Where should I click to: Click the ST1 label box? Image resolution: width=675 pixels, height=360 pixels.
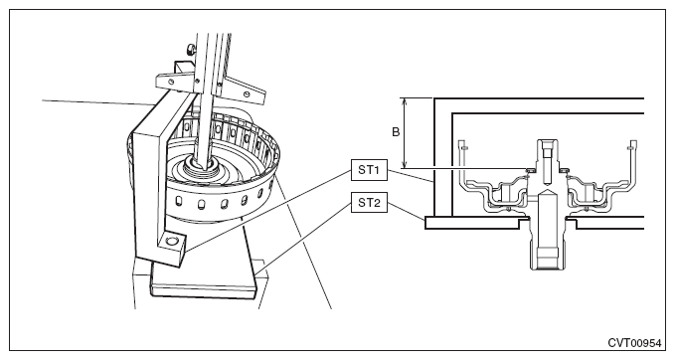click(369, 170)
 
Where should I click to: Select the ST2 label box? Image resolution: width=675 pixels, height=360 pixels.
click(369, 202)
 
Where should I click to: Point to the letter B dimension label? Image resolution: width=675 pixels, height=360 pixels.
click(396, 132)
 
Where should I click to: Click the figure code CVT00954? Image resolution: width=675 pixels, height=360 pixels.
click(634, 343)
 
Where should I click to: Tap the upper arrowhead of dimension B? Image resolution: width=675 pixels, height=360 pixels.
click(404, 101)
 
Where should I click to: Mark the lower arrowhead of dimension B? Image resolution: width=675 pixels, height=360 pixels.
click(404, 164)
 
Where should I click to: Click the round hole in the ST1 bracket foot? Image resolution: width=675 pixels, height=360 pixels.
click(172, 241)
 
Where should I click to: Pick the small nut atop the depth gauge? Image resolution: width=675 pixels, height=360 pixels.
click(189, 49)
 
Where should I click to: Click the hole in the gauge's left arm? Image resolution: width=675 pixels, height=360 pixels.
click(171, 81)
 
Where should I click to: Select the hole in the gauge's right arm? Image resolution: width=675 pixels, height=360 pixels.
click(246, 93)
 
